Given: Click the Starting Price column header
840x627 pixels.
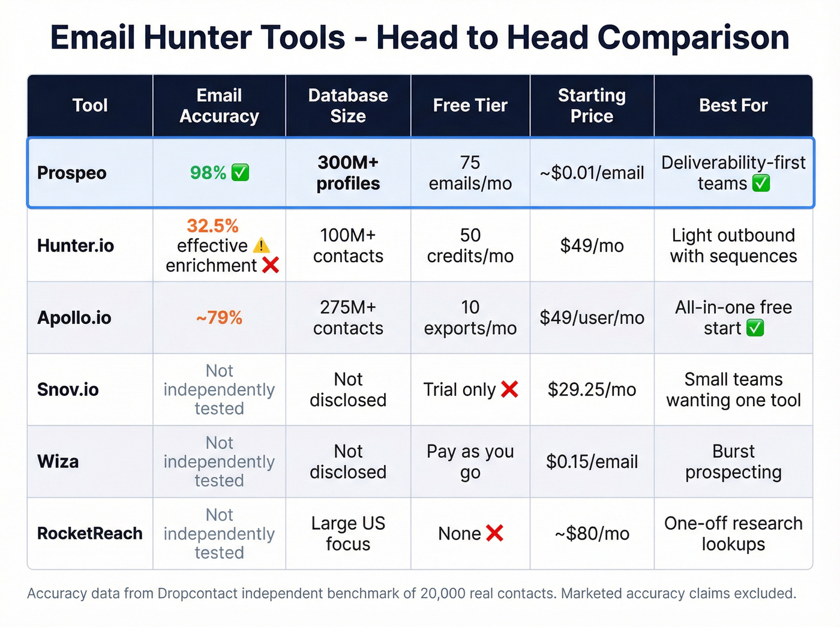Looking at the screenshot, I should (592, 106).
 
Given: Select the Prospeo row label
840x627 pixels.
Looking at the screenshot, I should (71, 173).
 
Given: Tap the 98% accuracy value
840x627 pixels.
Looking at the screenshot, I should (208, 173).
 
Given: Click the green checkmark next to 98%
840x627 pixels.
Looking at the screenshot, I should (240, 173).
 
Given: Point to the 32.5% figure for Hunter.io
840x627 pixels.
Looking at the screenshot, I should (212, 226).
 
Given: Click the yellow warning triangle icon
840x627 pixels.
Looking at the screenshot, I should (261, 245).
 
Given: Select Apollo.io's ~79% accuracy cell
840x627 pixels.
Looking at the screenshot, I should (219, 317).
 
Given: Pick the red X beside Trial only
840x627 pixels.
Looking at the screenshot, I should (509, 389).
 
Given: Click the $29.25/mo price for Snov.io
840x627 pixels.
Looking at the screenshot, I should (592, 389).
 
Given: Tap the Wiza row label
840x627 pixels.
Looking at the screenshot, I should (58, 461).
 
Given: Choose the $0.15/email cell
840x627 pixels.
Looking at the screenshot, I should (592, 461).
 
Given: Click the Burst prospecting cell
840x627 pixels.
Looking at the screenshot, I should (733, 461).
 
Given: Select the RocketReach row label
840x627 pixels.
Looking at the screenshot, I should (89, 533).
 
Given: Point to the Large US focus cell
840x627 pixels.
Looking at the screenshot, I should (348, 533).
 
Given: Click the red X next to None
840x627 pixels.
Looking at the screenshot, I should (494, 533).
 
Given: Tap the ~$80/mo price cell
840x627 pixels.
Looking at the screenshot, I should (592, 533).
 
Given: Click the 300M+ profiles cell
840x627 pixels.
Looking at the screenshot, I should (348, 173).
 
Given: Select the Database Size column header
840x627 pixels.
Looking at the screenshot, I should (348, 106).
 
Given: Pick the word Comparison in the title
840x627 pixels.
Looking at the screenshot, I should (693, 37).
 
